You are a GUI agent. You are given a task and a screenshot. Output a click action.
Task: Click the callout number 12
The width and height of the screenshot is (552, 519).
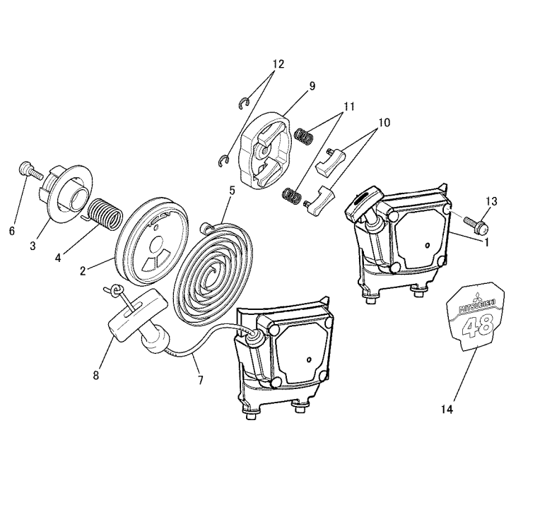pyautogui.click(x=278, y=64)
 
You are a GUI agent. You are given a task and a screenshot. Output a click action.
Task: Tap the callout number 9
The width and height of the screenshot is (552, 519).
pyautogui.click(x=312, y=86)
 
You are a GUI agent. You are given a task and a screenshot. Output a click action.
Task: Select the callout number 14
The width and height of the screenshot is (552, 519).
pyautogui.click(x=447, y=410)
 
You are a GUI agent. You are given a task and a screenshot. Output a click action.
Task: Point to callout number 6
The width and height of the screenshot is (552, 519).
pyautogui.click(x=12, y=231)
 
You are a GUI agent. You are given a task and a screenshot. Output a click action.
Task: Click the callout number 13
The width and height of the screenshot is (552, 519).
pyautogui.click(x=491, y=201)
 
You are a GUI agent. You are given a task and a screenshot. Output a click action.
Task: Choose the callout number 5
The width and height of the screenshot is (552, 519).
pyautogui.click(x=232, y=191)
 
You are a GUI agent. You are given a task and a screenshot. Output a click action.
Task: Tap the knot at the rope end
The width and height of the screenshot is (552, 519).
pyautogui.click(x=115, y=290)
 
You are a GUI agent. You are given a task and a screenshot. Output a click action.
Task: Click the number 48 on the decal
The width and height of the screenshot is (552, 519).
pyautogui.click(x=478, y=326)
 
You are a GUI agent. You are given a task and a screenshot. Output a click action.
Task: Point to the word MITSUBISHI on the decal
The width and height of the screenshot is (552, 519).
pyautogui.click(x=478, y=305)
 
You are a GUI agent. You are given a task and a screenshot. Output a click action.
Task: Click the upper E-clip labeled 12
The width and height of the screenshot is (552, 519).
pyautogui.click(x=244, y=104)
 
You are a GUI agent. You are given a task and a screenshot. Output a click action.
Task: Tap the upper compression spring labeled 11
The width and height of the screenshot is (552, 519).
pyautogui.click(x=303, y=136)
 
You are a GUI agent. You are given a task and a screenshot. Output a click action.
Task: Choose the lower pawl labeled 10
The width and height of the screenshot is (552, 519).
pyautogui.click(x=318, y=200)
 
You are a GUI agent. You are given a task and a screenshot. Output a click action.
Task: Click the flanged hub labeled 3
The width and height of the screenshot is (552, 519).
pyautogui.click(x=66, y=194)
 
